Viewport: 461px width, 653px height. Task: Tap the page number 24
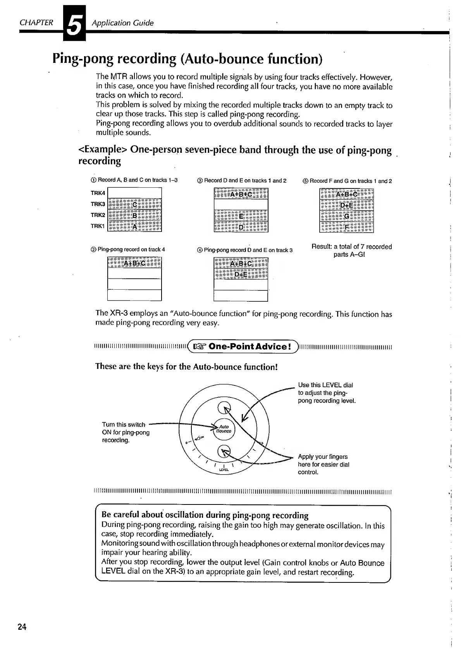[x=22, y=627]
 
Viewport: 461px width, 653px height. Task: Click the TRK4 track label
[x=98, y=193]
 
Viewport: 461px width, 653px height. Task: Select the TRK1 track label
[x=98, y=226]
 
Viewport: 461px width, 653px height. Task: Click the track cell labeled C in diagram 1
[x=134, y=204]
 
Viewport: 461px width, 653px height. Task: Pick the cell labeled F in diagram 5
[x=346, y=227]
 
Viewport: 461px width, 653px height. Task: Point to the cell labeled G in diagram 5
[x=346, y=216]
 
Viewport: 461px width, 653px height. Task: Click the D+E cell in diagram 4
[x=241, y=274]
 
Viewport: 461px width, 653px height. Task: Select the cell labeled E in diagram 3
[x=241, y=216]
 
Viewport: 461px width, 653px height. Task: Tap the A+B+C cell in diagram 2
[x=134, y=263]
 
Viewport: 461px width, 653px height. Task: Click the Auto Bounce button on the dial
[x=224, y=429]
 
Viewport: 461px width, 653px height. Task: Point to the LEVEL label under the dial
[x=224, y=470]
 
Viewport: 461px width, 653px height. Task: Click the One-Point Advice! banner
[x=243, y=346]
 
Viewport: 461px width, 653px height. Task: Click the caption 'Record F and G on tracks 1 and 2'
[x=347, y=181]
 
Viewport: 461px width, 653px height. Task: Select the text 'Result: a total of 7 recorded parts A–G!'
[x=351, y=250]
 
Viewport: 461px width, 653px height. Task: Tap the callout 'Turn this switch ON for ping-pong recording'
[x=126, y=432]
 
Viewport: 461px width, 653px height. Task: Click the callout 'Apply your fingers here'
[x=323, y=464]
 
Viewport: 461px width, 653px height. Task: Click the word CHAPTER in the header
[x=36, y=22]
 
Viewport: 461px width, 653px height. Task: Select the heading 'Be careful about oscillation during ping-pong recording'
[x=205, y=515]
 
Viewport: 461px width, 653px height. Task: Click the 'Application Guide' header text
[x=122, y=23]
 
